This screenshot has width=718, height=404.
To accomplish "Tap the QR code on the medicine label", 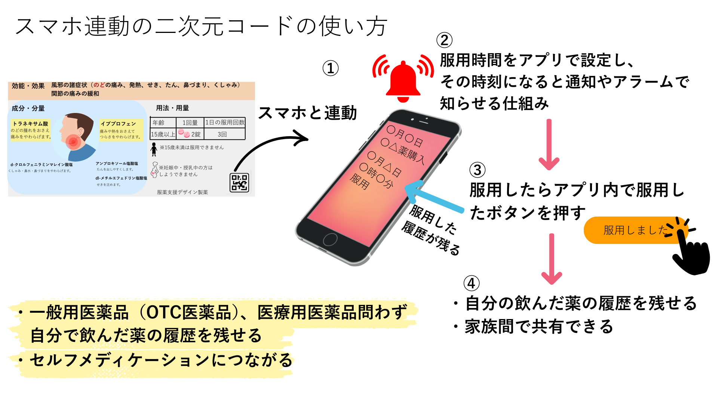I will [239, 183].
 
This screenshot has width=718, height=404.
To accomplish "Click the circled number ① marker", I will [331, 68].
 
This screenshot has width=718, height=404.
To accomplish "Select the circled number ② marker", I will [444, 40].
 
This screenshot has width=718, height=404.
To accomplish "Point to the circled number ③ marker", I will [478, 170].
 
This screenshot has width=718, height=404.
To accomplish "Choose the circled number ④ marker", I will [472, 283].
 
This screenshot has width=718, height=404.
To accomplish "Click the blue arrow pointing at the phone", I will [434, 197].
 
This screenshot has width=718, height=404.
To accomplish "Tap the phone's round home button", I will [330, 239].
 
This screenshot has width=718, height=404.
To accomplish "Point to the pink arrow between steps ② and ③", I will [549, 144].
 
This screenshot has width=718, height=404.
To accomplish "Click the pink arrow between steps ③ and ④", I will [552, 258].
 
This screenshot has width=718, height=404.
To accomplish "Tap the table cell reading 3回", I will [222, 134].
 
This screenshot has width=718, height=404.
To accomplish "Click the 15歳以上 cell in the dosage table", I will [163, 134].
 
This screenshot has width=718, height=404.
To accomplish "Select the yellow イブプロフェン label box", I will [121, 130].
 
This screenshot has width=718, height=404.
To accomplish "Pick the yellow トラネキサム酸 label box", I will [30, 130].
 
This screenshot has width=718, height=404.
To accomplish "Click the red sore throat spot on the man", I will [73, 141].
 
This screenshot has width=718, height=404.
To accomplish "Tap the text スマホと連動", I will [307, 113].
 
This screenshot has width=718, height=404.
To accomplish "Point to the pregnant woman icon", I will [154, 169].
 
